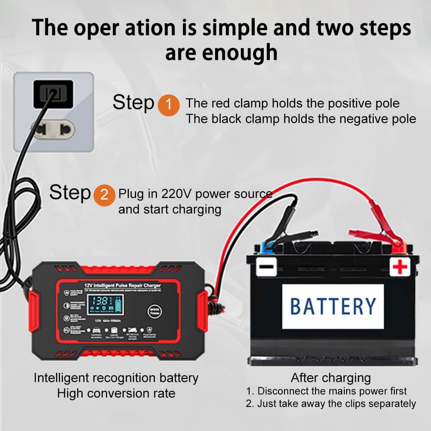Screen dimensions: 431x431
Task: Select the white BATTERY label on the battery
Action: tap(333, 306)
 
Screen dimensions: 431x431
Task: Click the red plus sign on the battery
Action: tap(400, 267)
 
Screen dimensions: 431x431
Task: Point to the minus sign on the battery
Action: tap(266, 267)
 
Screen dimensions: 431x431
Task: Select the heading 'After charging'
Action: tap(331, 378)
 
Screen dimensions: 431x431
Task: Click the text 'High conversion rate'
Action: tap(116, 393)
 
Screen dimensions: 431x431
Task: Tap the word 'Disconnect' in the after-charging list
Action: tap(285, 391)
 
